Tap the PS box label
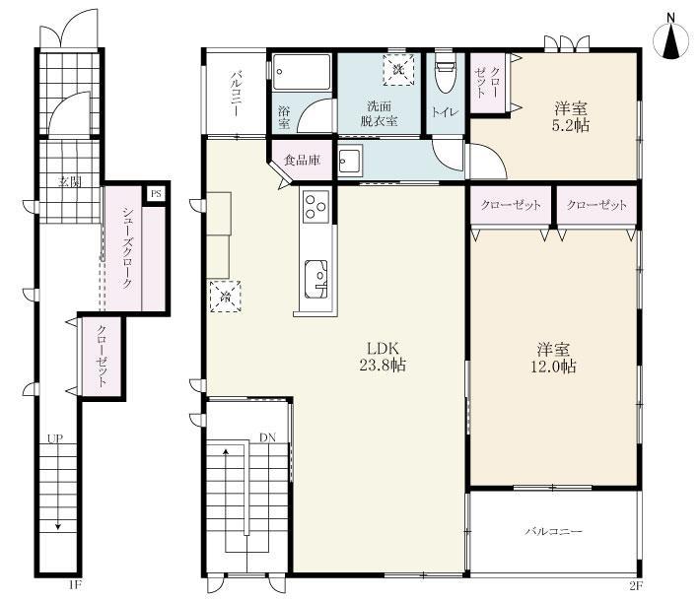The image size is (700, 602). coord(156,194)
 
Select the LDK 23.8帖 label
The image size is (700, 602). coord(383,356)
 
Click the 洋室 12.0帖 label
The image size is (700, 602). coord(553,358)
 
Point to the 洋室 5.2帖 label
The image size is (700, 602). coord(571,116)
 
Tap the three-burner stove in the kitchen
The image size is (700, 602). coord(315,206)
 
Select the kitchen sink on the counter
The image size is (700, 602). coord(315,279)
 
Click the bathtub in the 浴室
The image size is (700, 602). coord(302,72)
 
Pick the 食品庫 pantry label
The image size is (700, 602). coord(303,160)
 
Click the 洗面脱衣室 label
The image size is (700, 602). coord(379,113)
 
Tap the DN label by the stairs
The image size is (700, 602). coord(268,437)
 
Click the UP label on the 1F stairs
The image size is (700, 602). coord(55,438)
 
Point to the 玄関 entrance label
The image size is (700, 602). coord(71,182)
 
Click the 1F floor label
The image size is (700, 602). coord(75,585)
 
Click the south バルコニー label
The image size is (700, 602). coord(553,531)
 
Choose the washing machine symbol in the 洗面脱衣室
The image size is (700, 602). coord(398,69)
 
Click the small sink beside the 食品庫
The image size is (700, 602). coord(349,162)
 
